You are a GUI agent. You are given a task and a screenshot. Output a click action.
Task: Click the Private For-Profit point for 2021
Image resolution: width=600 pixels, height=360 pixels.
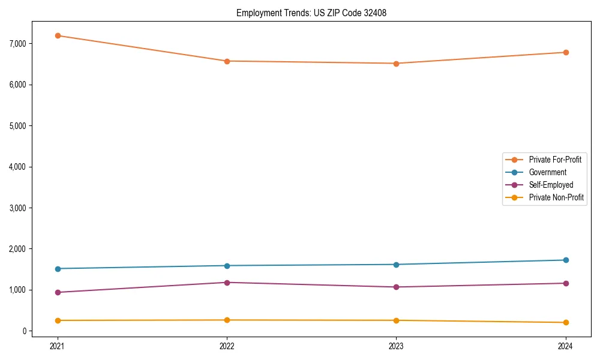[58, 35]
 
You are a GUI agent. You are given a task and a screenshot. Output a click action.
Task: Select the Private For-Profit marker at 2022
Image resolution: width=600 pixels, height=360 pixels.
[227, 61]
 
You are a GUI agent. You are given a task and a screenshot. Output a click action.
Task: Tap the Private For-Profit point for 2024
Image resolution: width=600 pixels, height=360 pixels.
[566, 52]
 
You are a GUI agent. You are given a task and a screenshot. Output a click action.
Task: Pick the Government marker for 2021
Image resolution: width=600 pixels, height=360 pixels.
[58, 269]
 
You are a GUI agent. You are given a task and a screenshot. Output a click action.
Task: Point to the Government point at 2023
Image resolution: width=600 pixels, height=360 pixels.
[396, 265]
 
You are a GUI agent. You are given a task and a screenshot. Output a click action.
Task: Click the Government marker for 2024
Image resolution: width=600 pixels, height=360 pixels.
[566, 260]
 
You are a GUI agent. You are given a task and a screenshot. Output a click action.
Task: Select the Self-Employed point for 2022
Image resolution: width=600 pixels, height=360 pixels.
[227, 283]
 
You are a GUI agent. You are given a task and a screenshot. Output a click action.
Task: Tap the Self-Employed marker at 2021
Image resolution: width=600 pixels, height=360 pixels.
[58, 292]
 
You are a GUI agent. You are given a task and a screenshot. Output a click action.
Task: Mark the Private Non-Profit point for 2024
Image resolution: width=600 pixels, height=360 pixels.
[566, 323]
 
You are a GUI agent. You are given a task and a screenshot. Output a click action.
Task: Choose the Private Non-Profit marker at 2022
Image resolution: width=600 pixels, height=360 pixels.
[227, 320]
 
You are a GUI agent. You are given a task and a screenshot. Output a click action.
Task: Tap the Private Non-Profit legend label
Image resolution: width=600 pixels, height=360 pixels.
[556, 197]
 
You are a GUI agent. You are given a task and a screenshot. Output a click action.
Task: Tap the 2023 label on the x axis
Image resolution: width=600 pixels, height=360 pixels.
[396, 346]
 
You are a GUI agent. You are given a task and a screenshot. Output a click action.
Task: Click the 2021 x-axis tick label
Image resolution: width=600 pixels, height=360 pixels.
[58, 346]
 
